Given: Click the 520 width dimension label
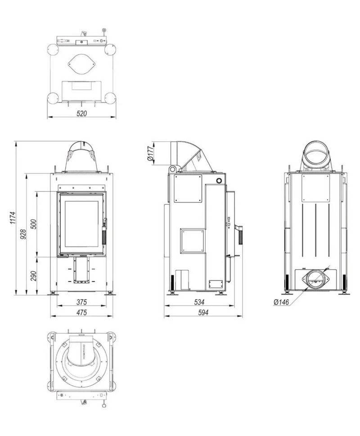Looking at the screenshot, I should [x=81, y=113].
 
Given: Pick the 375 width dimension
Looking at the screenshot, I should [x=81, y=301].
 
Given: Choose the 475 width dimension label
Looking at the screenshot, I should [x=81, y=312].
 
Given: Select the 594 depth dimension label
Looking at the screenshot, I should [x=203, y=313].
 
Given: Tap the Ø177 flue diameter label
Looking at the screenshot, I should [x=150, y=153].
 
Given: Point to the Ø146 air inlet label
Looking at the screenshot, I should [x=281, y=302].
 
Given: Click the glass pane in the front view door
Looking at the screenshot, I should [x=81, y=223].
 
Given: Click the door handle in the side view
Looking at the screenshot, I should [x=239, y=234].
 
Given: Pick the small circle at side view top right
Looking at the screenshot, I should [x=219, y=180].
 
